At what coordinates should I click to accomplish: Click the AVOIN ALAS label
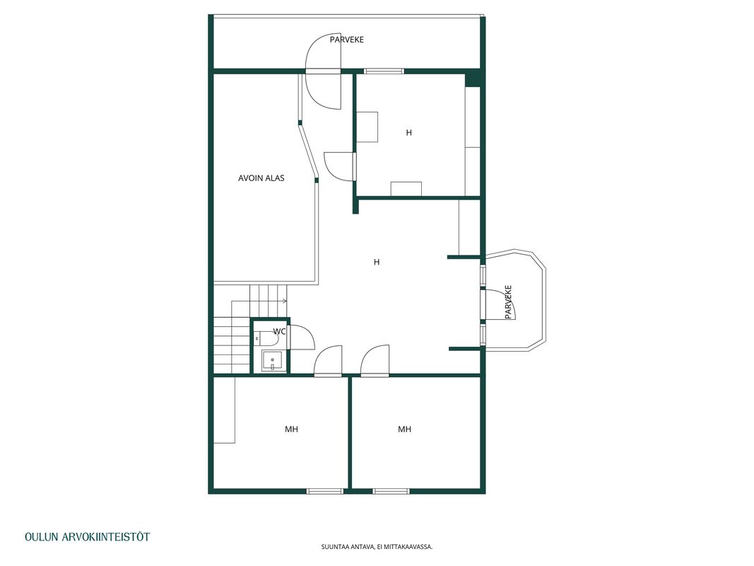tap(261, 178)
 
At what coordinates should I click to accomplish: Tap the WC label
tap(279, 332)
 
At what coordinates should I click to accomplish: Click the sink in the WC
tap(273, 361)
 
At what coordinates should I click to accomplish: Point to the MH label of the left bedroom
tap(291, 429)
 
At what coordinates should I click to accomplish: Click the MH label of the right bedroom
tap(404, 429)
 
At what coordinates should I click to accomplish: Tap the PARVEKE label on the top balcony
tap(347, 40)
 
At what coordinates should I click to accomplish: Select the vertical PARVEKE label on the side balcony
tap(508, 302)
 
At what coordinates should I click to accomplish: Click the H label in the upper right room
tap(408, 133)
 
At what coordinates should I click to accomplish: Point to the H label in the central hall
tap(377, 262)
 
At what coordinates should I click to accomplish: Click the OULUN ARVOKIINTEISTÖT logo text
tap(88, 537)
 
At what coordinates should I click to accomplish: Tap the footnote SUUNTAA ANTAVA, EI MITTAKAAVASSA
tap(377, 547)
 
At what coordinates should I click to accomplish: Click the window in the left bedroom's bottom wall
tap(325, 492)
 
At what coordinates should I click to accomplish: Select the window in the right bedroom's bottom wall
tap(391, 492)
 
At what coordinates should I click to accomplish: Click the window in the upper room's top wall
tap(384, 71)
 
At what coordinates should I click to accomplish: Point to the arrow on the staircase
tap(259, 301)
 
